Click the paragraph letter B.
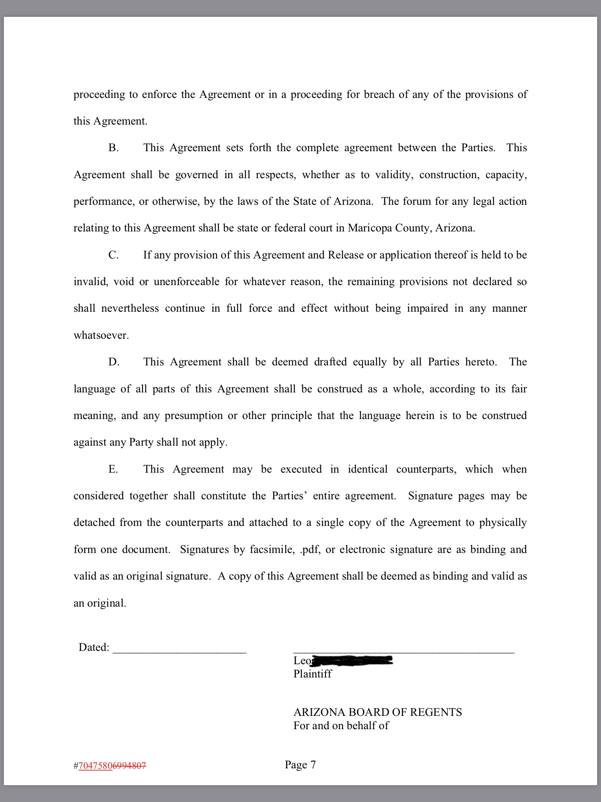113,148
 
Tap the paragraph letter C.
113,255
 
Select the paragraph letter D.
114,362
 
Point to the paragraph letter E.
113,469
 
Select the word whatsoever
101,335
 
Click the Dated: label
94,647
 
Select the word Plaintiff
313,674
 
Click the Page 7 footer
300,764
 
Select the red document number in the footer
112,766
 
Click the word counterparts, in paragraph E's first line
426,469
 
